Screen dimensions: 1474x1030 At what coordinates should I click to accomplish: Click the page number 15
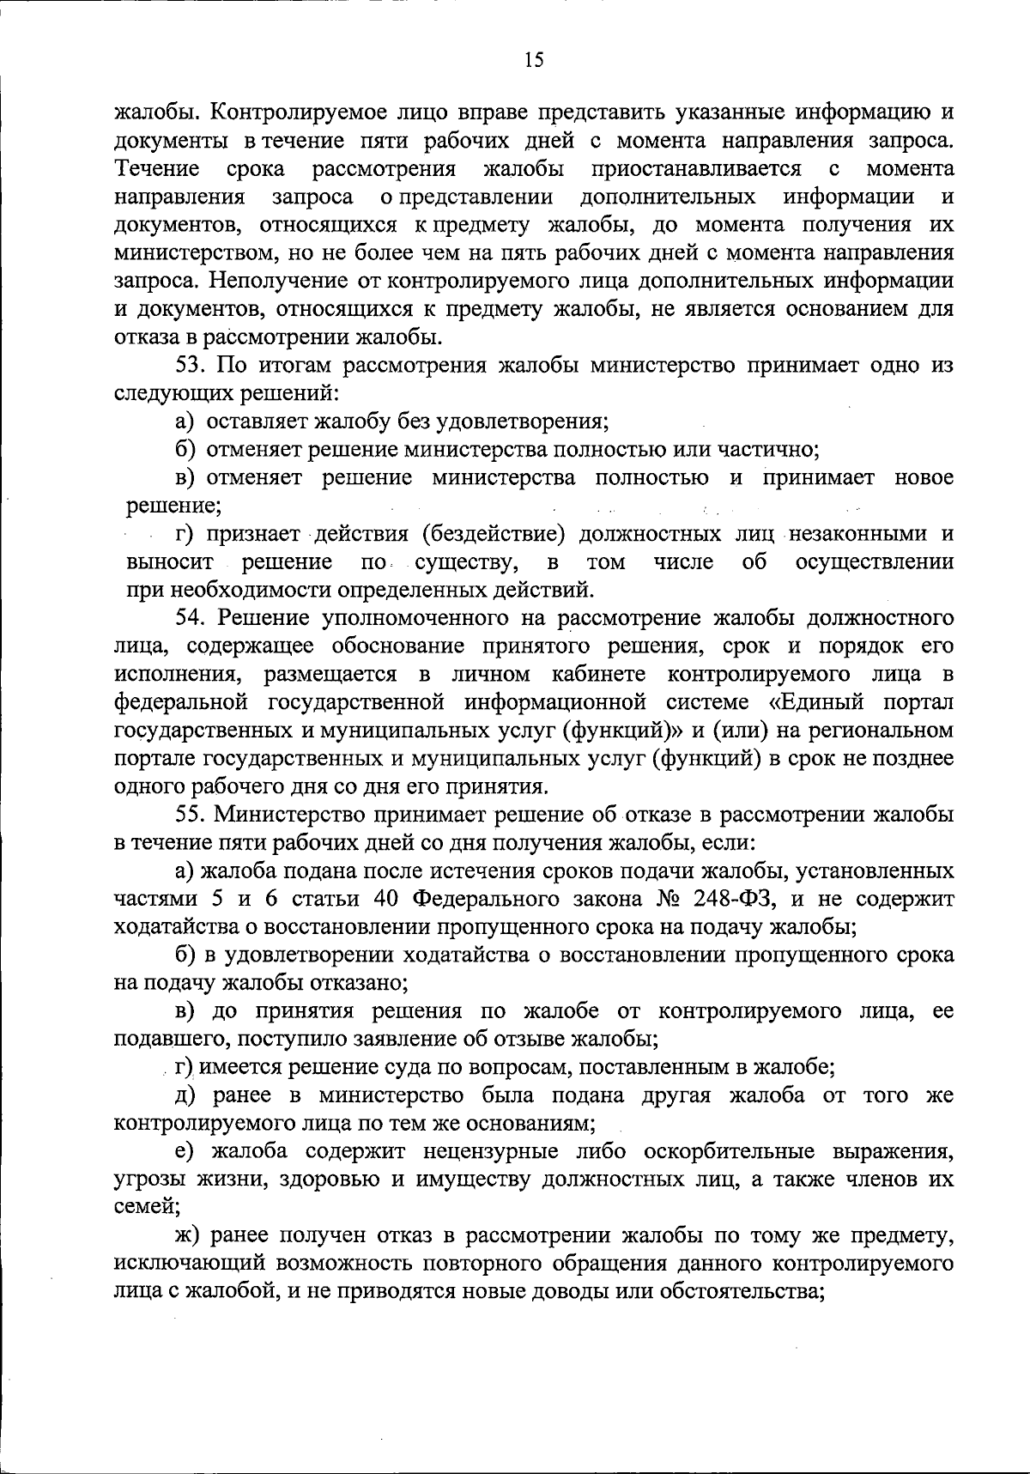pos(532,59)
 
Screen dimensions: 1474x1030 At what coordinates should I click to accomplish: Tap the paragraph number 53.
pos(191,365)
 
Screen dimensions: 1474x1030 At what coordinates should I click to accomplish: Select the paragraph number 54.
pos(191,617)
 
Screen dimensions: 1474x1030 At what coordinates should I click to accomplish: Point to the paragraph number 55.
pos(191,814)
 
